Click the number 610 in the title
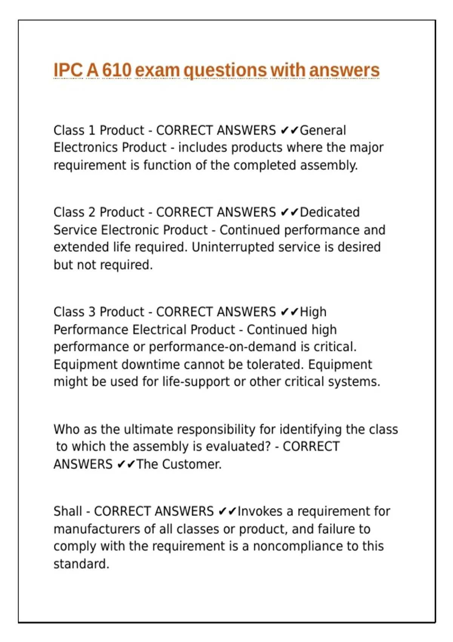click(x=117, y=70)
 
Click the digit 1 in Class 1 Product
click(x=91, y=130)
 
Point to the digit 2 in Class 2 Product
click(x=91, y=212)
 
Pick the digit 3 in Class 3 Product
click(x=91, y=312)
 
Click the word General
click(x=323, y=130)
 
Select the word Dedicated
click(x=330, y=212)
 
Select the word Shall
click(x=68, y=511)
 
